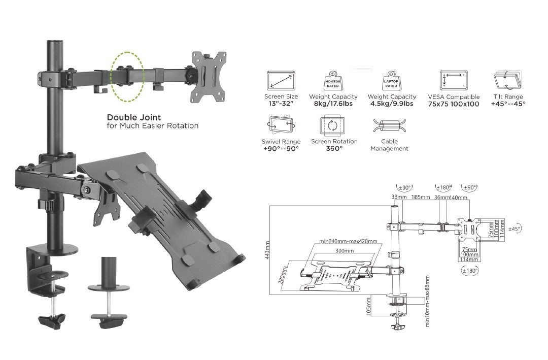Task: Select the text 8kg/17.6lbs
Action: point(333,104)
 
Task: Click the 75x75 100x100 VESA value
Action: point(454,104)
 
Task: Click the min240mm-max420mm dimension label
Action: point(348,242)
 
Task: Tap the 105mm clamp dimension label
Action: point(368,306)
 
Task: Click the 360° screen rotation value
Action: point(334,149)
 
